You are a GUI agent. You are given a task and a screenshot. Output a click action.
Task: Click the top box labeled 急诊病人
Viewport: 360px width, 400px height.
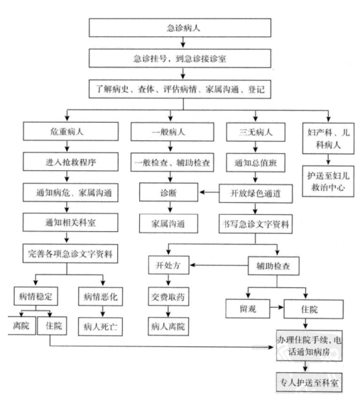180,28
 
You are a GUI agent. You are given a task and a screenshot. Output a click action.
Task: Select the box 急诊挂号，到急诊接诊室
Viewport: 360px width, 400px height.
180,58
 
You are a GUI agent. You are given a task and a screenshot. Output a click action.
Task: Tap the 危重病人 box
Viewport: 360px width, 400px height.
70,131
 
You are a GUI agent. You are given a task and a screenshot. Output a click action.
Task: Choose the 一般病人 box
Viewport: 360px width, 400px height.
173,132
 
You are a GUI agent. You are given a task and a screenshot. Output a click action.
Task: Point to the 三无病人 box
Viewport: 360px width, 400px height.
256,132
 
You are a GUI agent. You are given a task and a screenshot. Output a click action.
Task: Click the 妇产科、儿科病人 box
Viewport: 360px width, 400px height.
328,138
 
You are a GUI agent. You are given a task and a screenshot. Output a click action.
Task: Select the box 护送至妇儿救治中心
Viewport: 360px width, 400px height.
328,182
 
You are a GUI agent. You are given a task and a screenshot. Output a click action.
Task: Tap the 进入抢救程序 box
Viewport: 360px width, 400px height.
70,162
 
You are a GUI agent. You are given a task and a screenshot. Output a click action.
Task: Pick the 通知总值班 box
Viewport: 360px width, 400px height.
256,162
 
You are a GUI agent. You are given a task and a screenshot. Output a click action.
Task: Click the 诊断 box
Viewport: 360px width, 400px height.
168,192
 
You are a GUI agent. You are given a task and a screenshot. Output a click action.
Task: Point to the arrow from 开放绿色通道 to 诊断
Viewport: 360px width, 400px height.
209,192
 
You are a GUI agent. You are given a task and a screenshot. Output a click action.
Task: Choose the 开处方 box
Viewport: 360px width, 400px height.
169,265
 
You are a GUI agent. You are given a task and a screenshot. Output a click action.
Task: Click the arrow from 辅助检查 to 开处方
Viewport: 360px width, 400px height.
219,265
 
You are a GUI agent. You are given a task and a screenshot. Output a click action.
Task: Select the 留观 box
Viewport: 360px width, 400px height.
248,309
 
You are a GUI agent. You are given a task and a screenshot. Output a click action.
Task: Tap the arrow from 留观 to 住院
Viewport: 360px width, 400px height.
277,307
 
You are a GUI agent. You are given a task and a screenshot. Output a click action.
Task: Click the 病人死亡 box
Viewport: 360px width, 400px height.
100,326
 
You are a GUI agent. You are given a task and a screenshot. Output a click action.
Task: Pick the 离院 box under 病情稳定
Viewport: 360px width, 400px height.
21,326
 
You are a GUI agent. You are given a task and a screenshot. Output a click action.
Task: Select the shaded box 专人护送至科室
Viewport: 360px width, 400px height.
309,382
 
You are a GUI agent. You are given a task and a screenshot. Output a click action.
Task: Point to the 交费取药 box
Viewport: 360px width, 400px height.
168,296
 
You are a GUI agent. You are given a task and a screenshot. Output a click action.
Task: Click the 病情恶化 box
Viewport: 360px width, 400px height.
100,296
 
